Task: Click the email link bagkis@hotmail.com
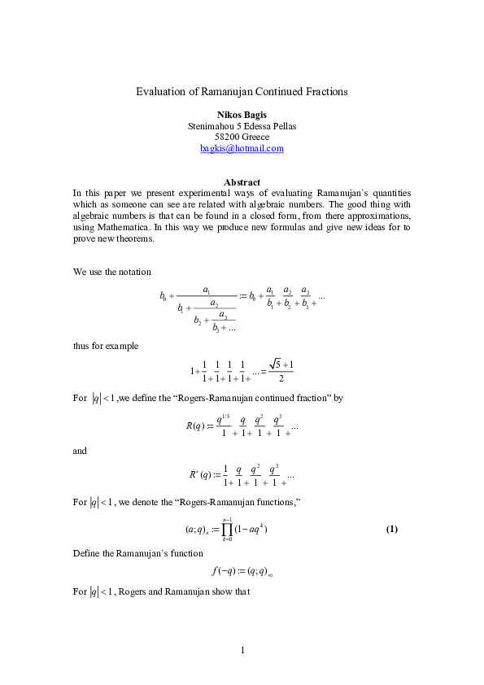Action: [x=242, y=148]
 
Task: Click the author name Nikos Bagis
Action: [x=242, y=116]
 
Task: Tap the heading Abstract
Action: [x=242, y=182]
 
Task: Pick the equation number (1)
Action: [x=391, y=530]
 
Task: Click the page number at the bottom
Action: [x=242, y=650]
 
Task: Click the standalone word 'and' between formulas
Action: [x=80, y=449]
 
